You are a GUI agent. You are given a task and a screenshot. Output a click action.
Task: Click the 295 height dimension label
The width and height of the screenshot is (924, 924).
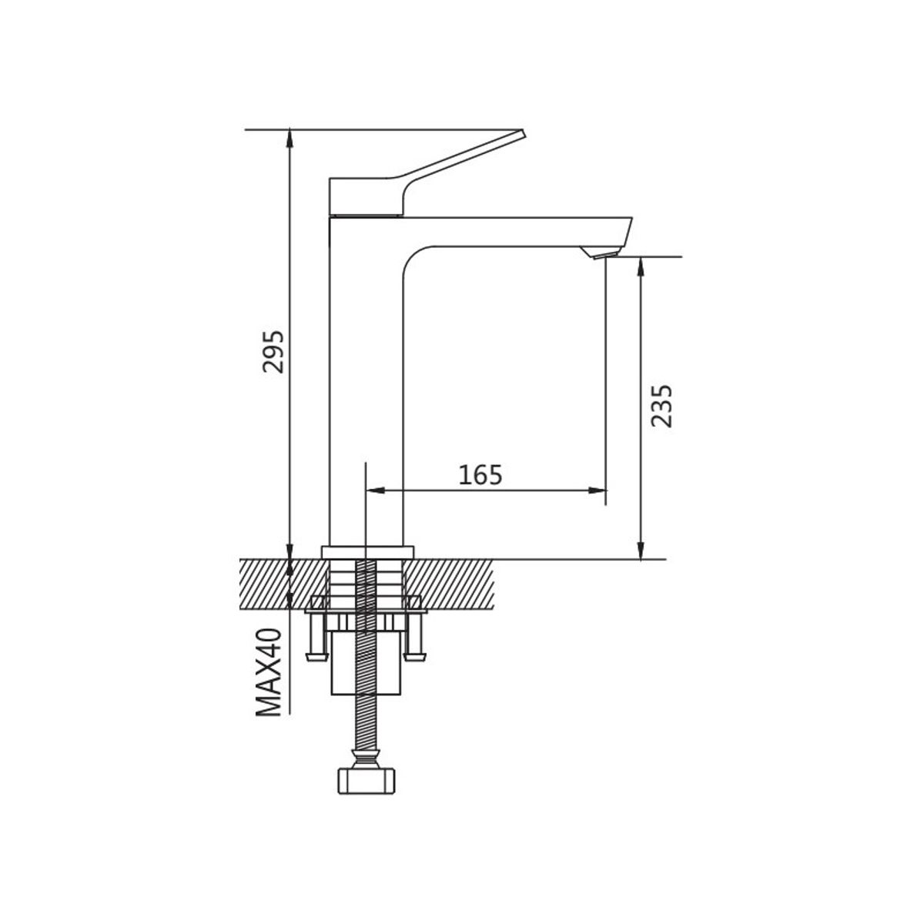(273, 351)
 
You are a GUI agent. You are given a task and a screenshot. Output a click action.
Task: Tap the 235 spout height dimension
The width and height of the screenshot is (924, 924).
(661, 405)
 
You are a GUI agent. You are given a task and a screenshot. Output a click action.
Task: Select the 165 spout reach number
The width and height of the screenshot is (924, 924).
(480, 475)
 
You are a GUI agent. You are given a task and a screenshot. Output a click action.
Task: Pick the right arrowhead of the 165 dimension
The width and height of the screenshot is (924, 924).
(597, 490)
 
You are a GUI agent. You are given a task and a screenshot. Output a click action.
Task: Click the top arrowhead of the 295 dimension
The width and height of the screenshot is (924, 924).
(290, 139)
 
